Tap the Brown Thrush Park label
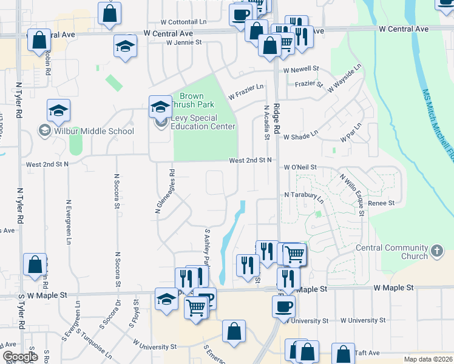tap(191, 101)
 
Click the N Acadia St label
tap(266, 122)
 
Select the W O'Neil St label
tap(300, 167)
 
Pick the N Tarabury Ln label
tap(304, 197)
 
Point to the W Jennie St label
tap(180, 42)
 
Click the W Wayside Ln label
tap(344, 78)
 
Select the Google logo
tap(20, 357)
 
